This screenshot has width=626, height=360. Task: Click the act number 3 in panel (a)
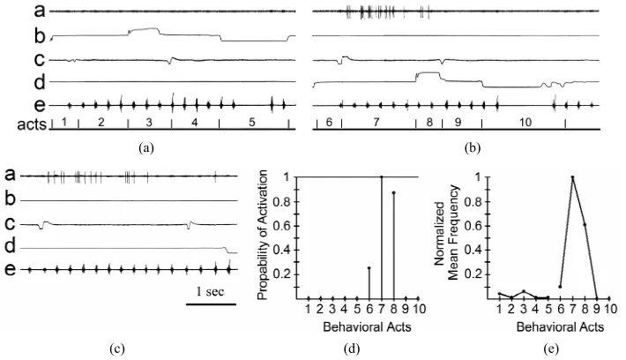pyautogui.click(x=149, y=123)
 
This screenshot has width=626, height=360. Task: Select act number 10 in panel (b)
pyautogui.click(x=525, y=123)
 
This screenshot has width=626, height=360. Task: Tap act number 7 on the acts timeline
pyautogui.click(x=376, y=123)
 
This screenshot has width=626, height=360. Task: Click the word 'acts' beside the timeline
pyautogui.click(x=32, y=124)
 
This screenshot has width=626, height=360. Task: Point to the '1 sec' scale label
pyautogui.click(x=210, y=292)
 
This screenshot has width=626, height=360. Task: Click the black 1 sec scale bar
pyautogui.click(x=211, y=304)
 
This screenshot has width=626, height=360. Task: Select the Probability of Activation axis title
pyautogui.click(x=262, y=235)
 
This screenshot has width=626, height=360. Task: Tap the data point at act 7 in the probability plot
pyautogui.click(x=382, y=176)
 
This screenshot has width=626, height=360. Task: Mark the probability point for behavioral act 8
pyautogui.click(x=393, y=192)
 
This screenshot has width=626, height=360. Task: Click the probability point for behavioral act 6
pyautogui.click(x=369, y=268)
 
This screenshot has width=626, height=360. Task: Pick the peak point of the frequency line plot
pyautogui.click(x=572, y=177)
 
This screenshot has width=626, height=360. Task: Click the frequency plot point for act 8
pyautogui.click(x=585, y=224)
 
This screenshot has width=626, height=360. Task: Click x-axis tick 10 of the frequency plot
pyautogui.click(x=609, y=309)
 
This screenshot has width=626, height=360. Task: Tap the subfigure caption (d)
pyautogui.click(x=352, y=349)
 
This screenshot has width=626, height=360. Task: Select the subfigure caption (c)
pyautogui.click(x=117, y=349)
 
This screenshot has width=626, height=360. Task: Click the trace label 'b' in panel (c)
pyautogui.click(x=10, y=199)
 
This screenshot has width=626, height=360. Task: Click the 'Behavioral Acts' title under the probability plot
pyautogui.click(x=367, y=327)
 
